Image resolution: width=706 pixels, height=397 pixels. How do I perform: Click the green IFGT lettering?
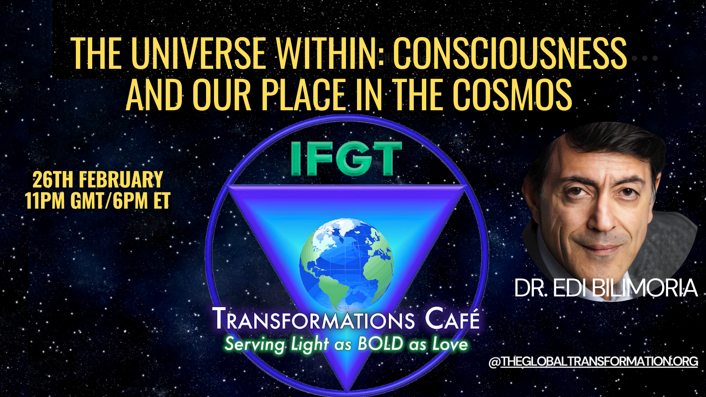coord(346,158)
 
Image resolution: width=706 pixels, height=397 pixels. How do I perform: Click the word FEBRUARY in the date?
coord(121,179)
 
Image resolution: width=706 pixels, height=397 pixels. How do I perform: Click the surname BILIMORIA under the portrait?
coord(645,288)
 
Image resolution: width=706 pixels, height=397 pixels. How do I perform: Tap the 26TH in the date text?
coord(53,179)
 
